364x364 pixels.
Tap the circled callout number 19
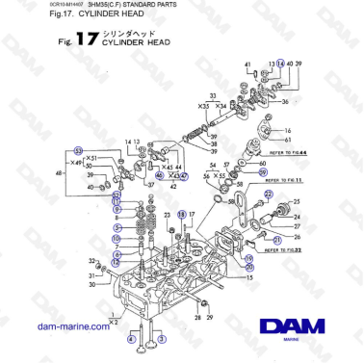(250, 259)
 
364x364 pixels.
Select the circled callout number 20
(250, 267)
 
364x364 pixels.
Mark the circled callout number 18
(180, 214)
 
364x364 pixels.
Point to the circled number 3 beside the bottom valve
(163, 339)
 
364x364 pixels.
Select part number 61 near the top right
(288, 141)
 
